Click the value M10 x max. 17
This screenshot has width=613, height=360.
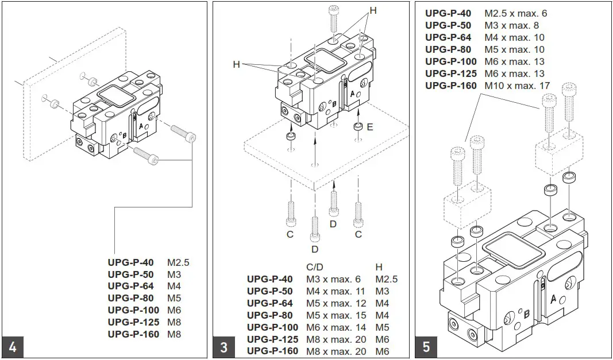point(517,86)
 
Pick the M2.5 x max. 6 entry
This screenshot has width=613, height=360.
point(515,13)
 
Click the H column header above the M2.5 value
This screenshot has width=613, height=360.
point(379,267)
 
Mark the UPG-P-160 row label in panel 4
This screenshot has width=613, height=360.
point(133,334)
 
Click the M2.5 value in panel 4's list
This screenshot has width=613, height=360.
point(178,262)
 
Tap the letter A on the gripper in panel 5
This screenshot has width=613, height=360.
point(553,299)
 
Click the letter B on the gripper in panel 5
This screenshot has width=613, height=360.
point(526,314)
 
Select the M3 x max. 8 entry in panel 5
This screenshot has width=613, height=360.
point(511,25)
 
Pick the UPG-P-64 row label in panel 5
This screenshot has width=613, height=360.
point(448,37)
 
